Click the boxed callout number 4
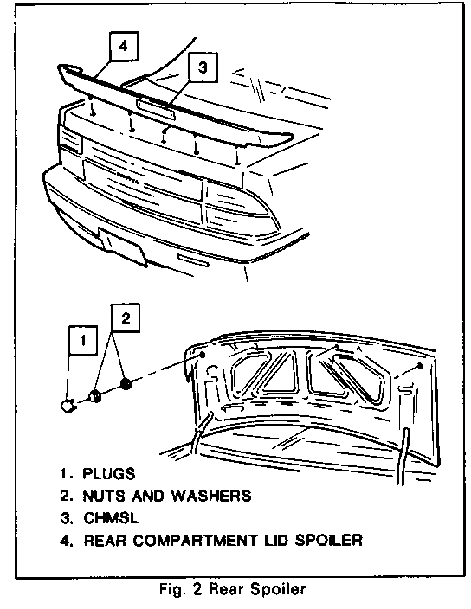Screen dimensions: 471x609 click(124, 46)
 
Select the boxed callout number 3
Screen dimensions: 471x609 click(203, 67)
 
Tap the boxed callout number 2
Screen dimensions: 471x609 click(126, 318)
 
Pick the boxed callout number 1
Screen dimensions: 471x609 click(83, 340)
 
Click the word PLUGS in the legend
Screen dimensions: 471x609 click(109, 474)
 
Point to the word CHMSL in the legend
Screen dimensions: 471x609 click(111, 518)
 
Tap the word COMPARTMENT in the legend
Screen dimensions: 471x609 click(195, 541)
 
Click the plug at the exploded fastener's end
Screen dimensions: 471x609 click(68, 407)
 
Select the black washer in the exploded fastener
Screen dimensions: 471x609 click(126, 384)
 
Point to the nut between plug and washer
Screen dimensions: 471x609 click(95, 397)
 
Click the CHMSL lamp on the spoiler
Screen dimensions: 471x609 click(156, 109)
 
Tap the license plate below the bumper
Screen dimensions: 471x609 click(122, 247)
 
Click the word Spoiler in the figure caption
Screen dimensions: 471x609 click(277, 589)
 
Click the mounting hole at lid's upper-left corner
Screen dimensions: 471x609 click(203, 354)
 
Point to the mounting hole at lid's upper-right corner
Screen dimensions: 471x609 click(420, 366)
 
